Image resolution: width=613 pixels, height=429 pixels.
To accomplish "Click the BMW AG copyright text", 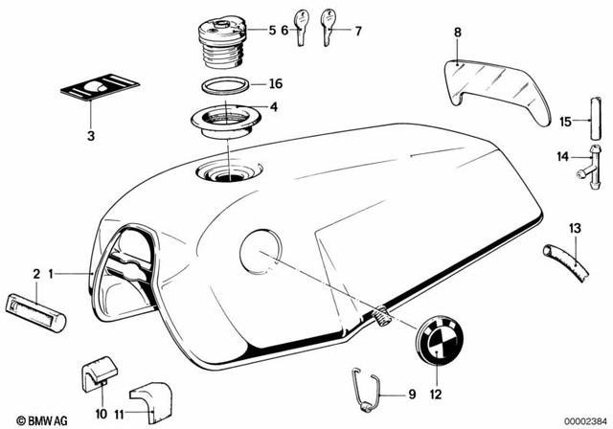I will point(30,418).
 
